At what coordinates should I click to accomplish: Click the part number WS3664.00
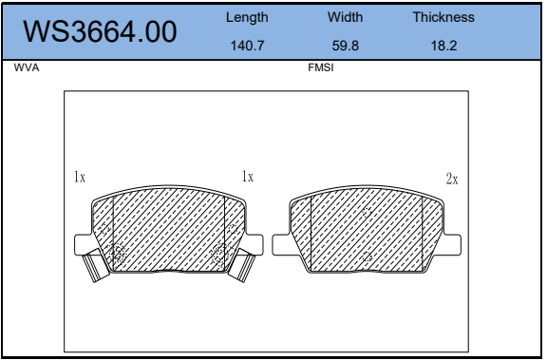coord(100,31)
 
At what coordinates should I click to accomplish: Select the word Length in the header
coord(247,17)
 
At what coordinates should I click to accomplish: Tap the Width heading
coord(345,17)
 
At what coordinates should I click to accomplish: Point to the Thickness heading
coord(443,17)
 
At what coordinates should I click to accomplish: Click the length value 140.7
coord(247,46)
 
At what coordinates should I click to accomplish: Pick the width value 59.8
coord(345,46)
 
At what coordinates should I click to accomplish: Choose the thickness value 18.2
coord(443,46)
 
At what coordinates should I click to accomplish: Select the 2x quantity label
coord(452,179)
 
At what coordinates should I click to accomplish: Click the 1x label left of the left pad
coord(80,177)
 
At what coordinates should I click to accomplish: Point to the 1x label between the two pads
coord(248,177)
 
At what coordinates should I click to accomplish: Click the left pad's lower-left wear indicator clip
coord(95,267)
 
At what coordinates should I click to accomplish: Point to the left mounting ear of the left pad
coord(85,244)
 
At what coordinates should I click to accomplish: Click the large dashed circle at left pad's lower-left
coord(119,253)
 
